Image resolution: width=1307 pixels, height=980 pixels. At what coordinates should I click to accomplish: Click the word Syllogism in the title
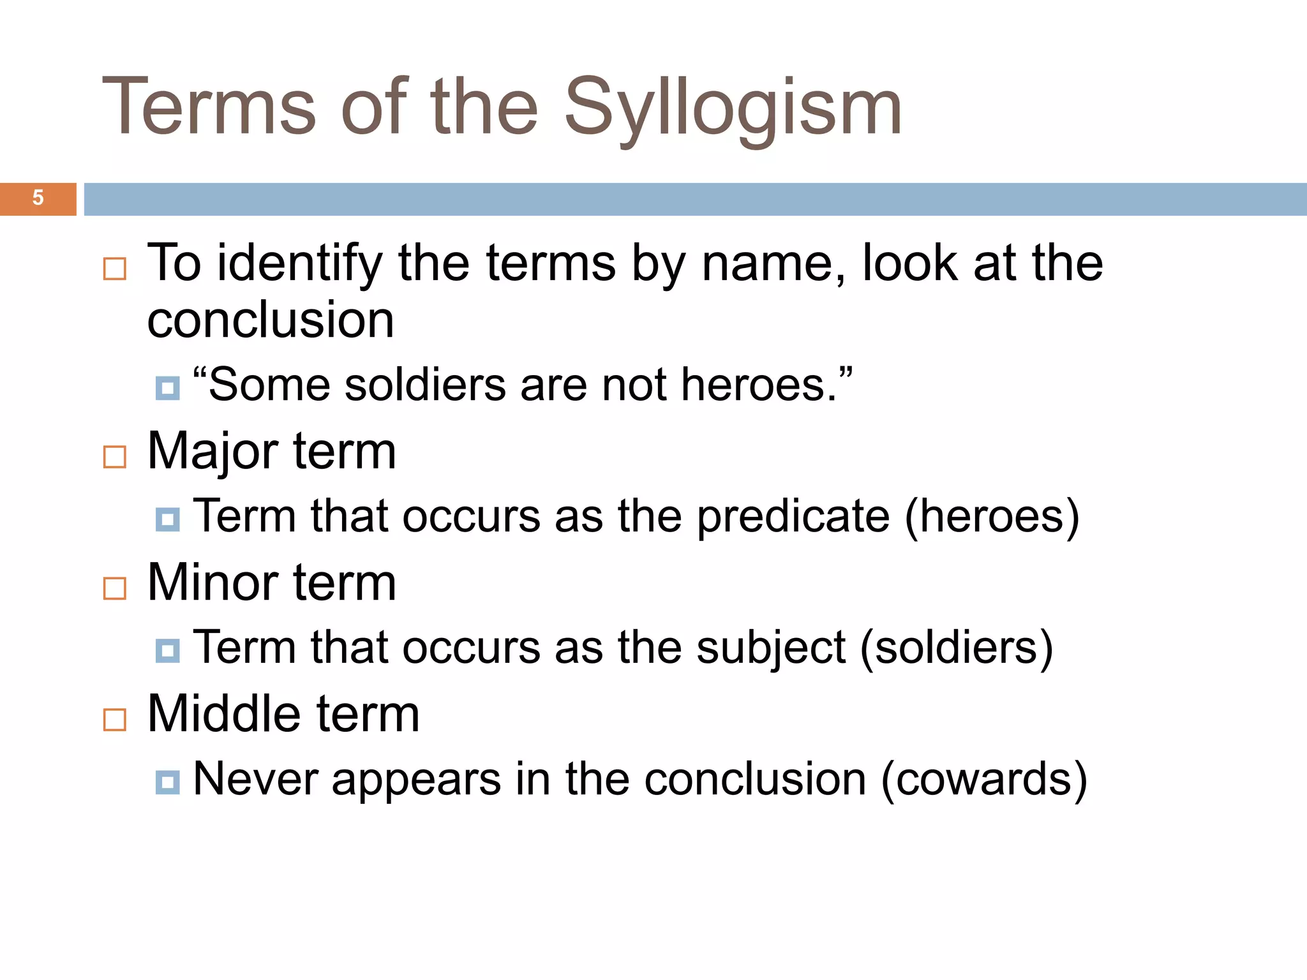tap(733, 108)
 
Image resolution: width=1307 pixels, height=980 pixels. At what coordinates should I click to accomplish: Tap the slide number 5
tap(38, 198)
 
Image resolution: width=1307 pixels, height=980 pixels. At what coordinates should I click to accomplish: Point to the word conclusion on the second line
tap(271, 320)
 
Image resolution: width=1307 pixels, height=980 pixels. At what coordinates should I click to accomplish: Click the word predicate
tap(793, 516)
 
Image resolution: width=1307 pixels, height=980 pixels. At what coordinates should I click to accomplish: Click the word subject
tap(771, 648)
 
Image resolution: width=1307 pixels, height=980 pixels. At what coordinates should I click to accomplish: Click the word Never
tap(255, 780)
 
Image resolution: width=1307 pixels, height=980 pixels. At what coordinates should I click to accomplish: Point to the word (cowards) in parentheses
tap(984, 780)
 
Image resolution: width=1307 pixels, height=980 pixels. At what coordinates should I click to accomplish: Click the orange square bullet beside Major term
tap(115, 457)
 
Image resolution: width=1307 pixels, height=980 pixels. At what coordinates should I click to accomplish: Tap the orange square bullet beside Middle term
tap(115, 720)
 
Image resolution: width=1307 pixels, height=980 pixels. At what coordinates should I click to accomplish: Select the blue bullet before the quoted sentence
tap(168, 388)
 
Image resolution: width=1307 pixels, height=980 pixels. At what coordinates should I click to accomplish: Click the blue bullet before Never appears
tap(168, 782)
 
